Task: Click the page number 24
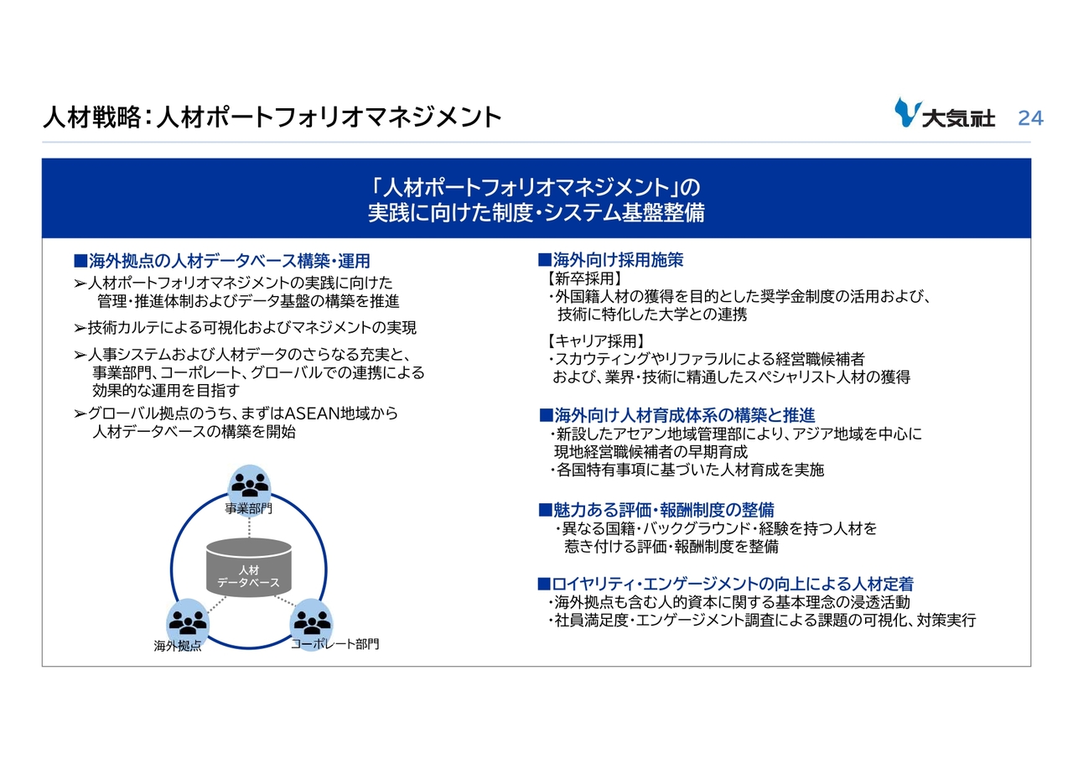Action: [1030, 118]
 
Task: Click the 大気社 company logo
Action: [945, 113]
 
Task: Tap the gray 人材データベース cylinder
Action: [249, 567]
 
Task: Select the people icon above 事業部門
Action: [249, 485]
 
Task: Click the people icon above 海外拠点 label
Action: [188, 621]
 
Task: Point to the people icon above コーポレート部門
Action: [312, 621]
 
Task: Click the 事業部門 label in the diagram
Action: [249, 508]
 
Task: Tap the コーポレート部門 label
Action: [334, 644]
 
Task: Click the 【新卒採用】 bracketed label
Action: [585, 278]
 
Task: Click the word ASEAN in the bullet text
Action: [312, 413]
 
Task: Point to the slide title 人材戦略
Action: [92, 117]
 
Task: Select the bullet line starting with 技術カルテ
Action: [246, 328]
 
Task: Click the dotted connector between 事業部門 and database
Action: [249, 526]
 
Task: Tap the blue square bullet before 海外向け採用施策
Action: [544, 260]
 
